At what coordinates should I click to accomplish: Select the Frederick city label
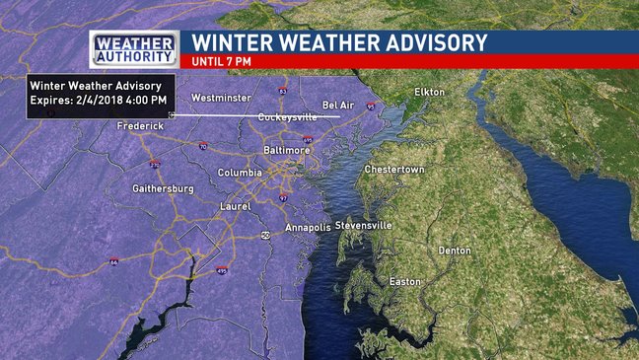[x=139, y=126]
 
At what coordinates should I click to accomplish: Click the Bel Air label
[x=338, y=106]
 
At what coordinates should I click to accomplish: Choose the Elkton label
[x=430, y=92]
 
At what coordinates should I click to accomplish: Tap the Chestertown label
[x=394, y=170]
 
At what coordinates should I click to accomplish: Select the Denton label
[x=455, y=251]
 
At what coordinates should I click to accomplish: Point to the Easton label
[x=404, y=282]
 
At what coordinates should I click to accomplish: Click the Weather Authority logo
[x=134, y=48]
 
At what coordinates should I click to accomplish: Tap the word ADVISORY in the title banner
[x=431, y=42]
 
